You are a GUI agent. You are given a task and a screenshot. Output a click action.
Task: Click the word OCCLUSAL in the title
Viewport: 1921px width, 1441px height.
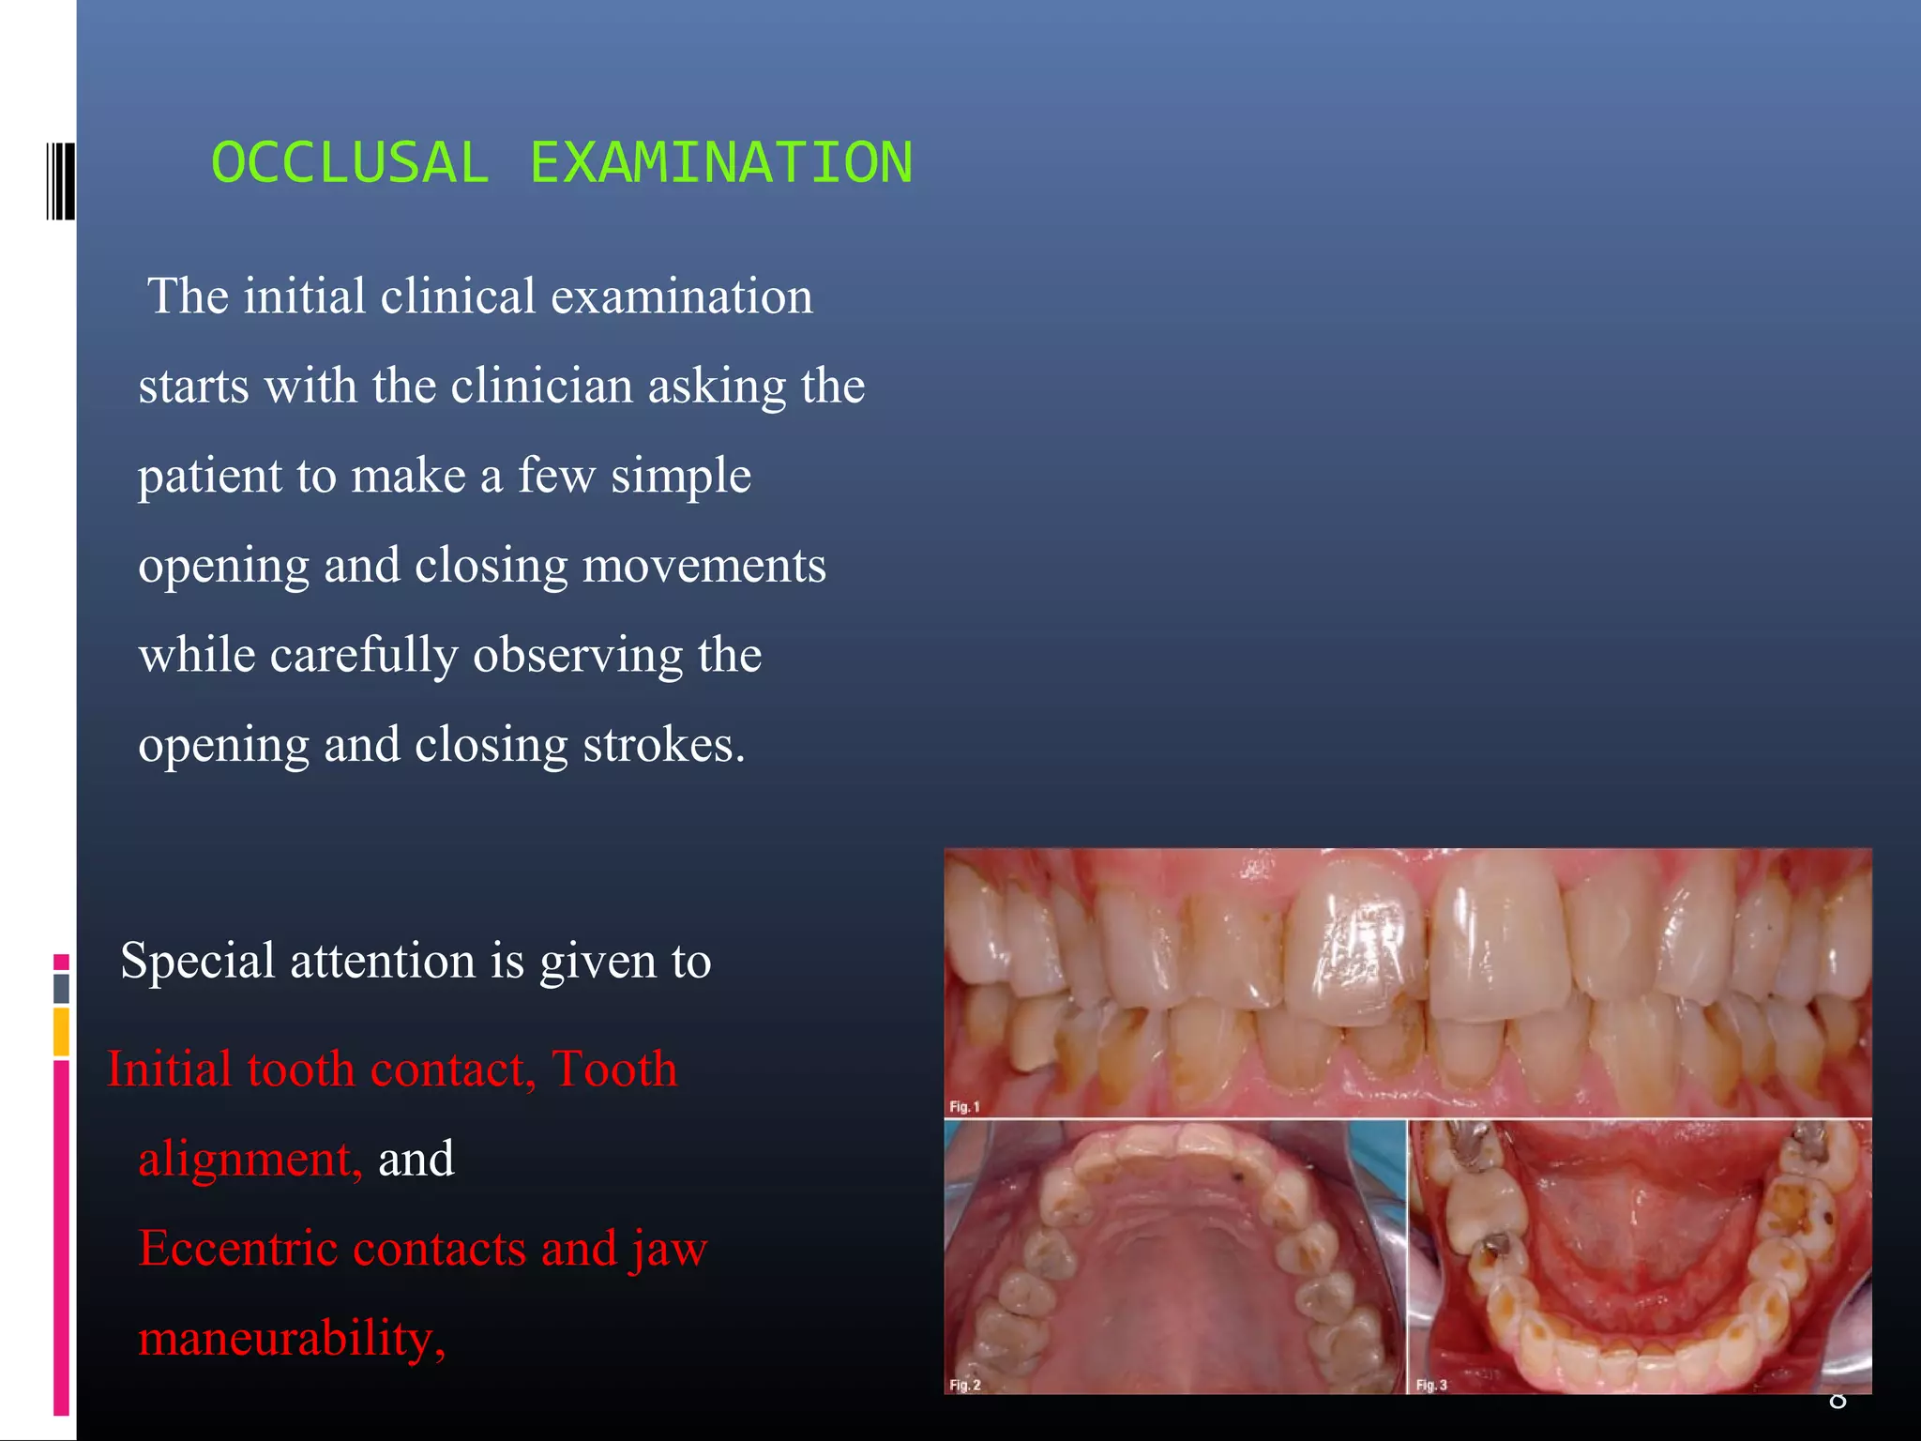[350, 162]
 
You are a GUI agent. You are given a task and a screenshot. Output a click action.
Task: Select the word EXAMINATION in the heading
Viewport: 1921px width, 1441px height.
[720, 162]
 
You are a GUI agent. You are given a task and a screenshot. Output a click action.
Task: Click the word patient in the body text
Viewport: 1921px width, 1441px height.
[210, 477]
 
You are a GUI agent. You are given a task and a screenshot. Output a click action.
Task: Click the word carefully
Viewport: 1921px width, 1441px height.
[364, 656]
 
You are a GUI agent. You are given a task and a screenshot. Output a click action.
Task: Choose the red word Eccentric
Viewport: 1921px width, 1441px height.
[238, 1249]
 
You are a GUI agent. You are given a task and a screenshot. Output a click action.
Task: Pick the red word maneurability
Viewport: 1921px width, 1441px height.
[291, 1339]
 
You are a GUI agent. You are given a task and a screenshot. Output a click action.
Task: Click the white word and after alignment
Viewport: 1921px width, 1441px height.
[416, 1160]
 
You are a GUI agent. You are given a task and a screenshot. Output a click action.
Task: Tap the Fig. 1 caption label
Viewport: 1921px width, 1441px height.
[964, 1107]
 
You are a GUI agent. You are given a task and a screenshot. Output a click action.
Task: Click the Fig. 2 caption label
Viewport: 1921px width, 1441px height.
[964, 1385]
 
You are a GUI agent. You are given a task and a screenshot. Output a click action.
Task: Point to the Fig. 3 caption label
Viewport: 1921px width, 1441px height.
[1431, 1385]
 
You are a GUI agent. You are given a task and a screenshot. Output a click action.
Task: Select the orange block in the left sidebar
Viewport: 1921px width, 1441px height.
[61, 1031]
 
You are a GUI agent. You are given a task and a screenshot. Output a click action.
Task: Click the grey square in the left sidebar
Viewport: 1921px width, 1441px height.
[61, 988]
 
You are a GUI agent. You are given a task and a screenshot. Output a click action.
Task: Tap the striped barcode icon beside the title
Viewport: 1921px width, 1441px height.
[60, 181]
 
